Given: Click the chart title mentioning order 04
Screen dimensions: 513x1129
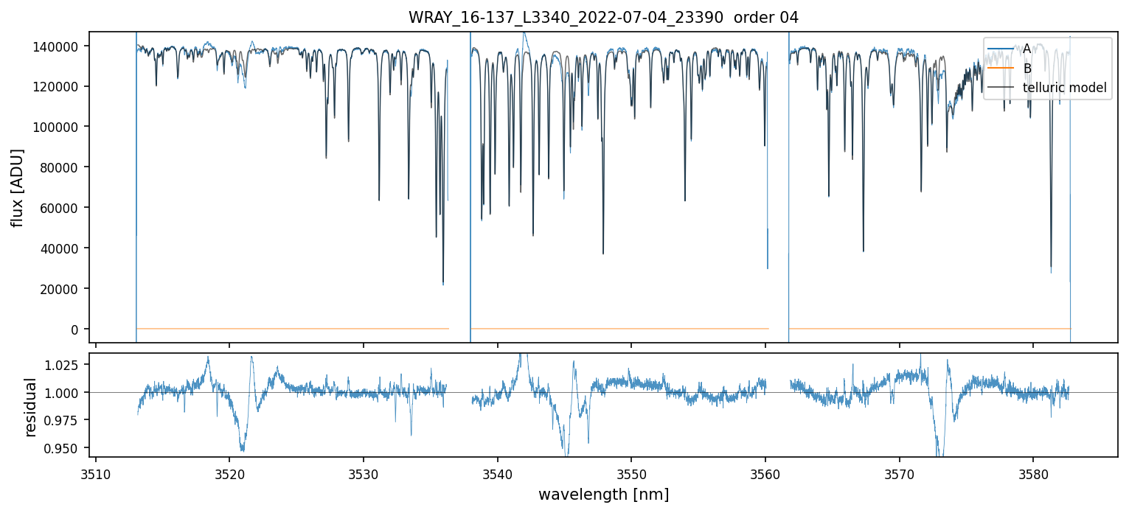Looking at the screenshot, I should (x=603, y=18).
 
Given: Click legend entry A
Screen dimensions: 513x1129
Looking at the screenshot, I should (x=1026, y=49).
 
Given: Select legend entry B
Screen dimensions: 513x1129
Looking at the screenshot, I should (x=1026, y=69).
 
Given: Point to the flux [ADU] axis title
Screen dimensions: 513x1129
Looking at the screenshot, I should (x=17, y=187).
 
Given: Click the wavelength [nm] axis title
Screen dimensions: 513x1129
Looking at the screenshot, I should (x=603, y=495).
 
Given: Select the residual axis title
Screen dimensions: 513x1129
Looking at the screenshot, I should (x=31, y=407).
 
